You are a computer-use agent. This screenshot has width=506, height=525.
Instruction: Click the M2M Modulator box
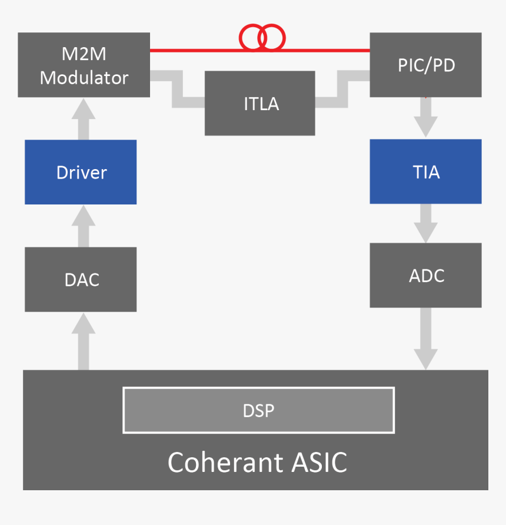click(x=84, y=65)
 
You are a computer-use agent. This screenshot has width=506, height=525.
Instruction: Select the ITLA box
click(x=260, y=103)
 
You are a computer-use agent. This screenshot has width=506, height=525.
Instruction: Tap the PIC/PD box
click(x=425, y=65)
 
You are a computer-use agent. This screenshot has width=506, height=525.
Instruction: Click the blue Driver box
click(x=81, y=172)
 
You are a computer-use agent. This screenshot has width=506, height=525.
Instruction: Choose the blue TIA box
click(x=425, y=171)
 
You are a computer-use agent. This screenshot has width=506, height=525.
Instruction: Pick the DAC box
click(x=81, y=279)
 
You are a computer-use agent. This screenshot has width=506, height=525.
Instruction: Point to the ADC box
click(x=425, y=275)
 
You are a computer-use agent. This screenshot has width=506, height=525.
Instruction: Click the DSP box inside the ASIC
click(x=258, y=410)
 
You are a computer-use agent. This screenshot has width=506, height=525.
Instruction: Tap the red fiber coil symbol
click(x=262, y=38)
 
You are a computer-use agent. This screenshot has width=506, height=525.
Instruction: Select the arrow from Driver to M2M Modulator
click(x=84, y=118)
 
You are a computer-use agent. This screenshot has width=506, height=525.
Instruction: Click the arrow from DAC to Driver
click(x=84, y=226)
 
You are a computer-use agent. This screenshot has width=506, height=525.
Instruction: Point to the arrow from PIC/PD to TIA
click(x=425, y=117)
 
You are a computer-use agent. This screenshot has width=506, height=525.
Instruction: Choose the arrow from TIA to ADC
click(x=425, y=223)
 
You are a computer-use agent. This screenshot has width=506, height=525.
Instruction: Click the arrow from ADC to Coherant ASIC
click(x=425, y=339)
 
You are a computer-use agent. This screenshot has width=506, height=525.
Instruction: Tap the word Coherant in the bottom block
click(x=225, y=463)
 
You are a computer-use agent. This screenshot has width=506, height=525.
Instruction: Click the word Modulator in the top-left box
click(x=84, y=77)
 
